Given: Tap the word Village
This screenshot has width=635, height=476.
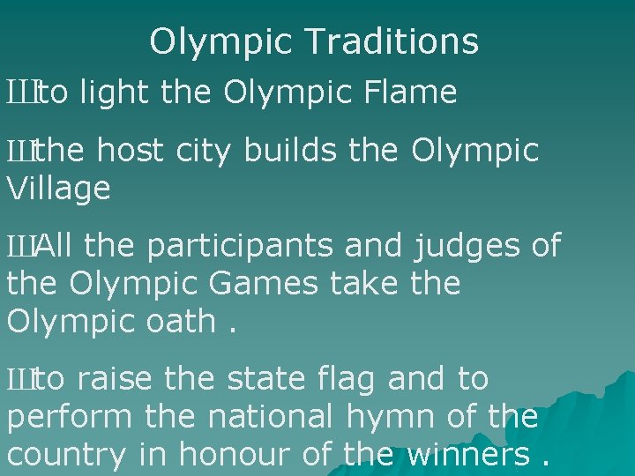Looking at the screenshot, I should [58, 189].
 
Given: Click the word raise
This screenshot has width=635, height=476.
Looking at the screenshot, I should [115, 379].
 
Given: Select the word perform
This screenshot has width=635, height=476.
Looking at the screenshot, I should [68, 418].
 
